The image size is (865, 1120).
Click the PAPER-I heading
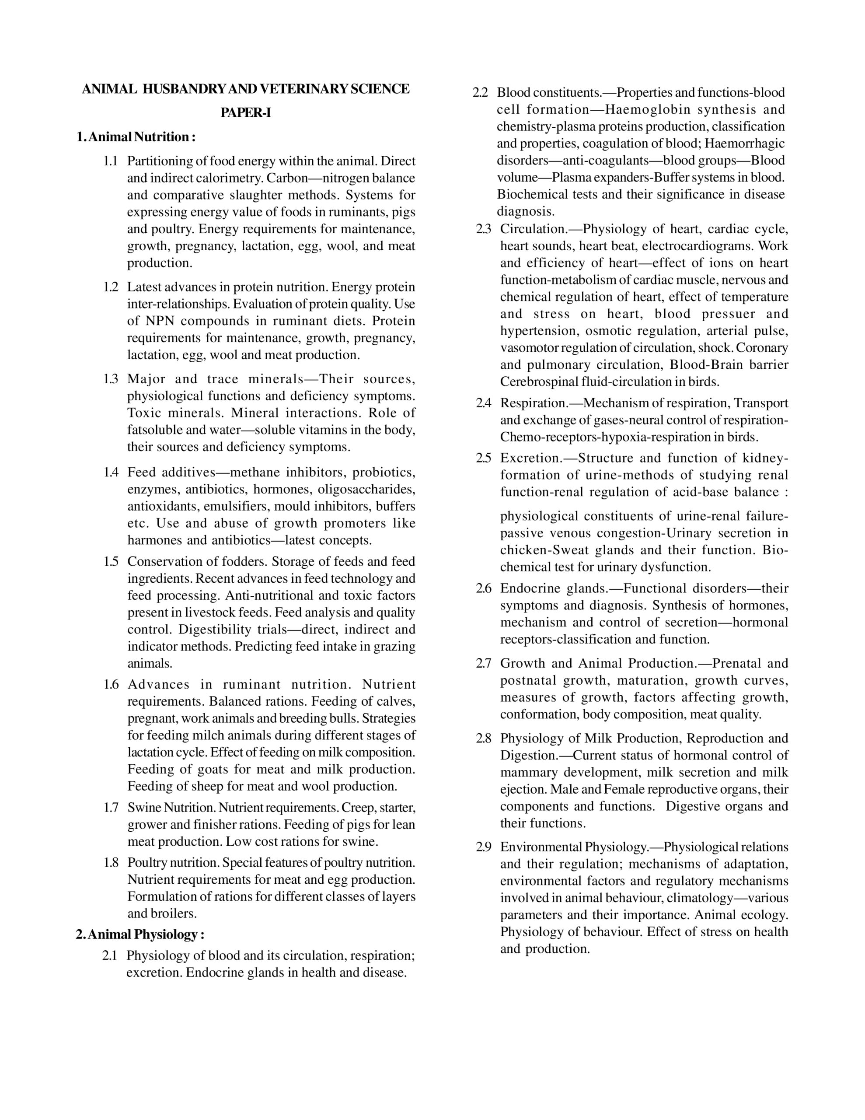(x=246, y=113)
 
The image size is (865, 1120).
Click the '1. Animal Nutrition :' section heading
(x=136, y=137)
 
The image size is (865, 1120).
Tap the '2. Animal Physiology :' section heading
(x=140, y=934)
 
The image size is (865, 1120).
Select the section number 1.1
(x=111, y=161)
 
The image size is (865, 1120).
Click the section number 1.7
(x=111, y=808)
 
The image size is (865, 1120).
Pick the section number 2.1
(x=110, y=955)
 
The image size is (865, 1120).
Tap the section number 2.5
(x=484, y=458)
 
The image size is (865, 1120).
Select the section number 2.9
(x=484, y=847)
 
